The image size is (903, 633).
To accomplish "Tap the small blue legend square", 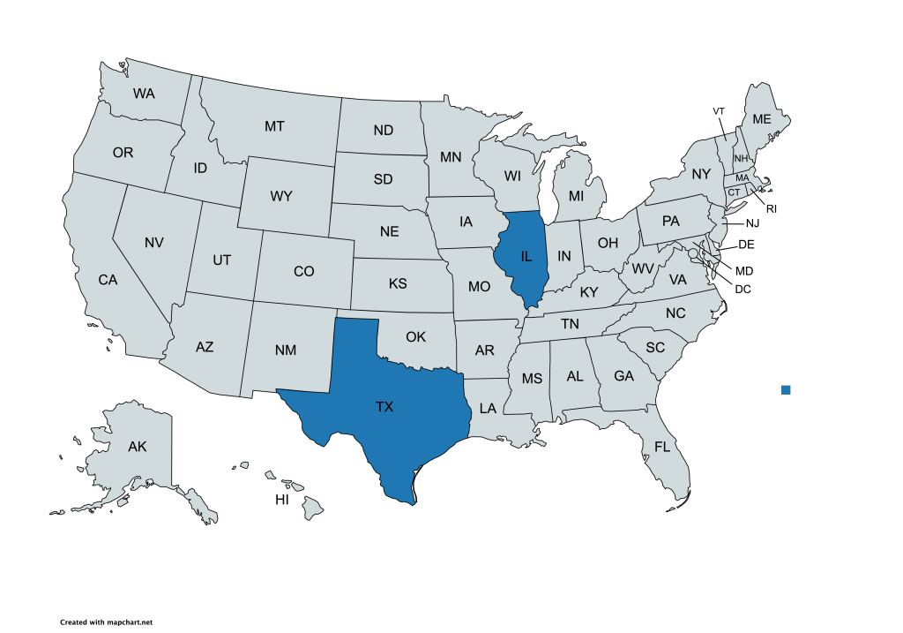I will tap(786, 389).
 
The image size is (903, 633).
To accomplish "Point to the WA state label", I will tap(145, 93).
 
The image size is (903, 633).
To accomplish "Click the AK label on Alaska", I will tap(137, 447).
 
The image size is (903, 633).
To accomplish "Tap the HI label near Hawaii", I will tap(282, 500).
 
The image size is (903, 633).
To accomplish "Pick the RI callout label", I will tap(771, 208).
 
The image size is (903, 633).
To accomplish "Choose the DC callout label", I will tap(743, 288).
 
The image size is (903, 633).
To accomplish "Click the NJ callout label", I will tap(751, 223).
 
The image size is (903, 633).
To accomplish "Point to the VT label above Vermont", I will tap(719, 110).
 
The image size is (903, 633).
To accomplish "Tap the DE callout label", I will tap(746, 244).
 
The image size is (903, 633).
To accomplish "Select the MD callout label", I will tap(744, 270).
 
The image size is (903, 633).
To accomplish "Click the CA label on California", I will tap(108, 280).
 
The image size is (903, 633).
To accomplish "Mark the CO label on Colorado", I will tap(303, 271).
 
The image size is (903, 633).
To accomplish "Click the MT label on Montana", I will tap(274, 126).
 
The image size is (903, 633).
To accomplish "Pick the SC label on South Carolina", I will tap(655, 347).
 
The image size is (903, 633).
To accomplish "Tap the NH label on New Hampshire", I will tap(741, 158).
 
